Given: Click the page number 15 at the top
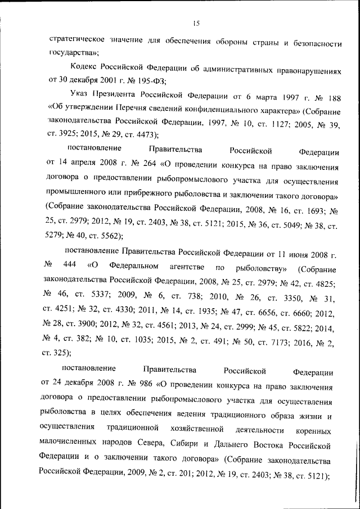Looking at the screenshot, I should (x=196, y=23).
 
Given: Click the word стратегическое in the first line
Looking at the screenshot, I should (x=76, y=42).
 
